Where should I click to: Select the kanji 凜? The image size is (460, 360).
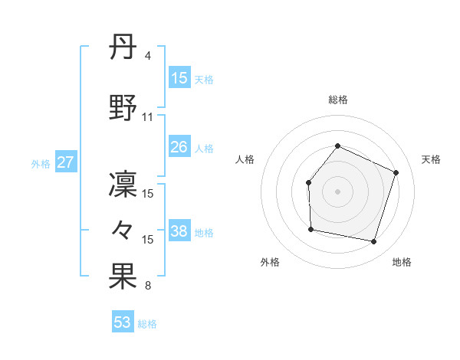coord(123,185)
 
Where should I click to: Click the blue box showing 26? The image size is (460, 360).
coord(179,147)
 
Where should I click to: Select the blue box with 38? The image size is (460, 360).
coord(179,232)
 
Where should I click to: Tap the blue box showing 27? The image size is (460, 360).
coord(65,162)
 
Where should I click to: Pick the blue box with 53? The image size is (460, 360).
coord(123,322)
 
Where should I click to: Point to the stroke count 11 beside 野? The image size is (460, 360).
coord(148,117)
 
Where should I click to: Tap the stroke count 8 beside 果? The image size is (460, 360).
coord(147,286)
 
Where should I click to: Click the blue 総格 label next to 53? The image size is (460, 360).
coord(147,324)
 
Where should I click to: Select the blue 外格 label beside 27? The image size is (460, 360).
coord(41,163)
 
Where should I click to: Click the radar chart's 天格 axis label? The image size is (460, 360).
coord(431,159)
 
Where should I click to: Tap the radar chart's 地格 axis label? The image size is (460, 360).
coord(402,262)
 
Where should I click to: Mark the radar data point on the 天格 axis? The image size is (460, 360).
coord(396,172)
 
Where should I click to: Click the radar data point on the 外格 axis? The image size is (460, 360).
coord(310,229)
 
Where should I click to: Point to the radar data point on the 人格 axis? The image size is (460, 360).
coord(308,182)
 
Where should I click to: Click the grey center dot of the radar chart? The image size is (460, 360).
coord(337,191)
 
